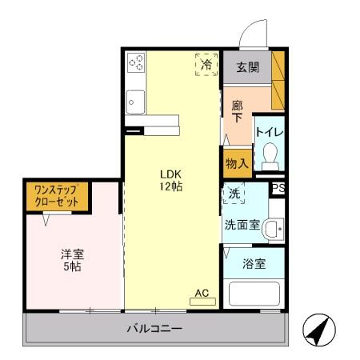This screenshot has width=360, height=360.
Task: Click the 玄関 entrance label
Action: click(247, 67)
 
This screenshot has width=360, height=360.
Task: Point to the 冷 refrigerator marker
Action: click(206, 65)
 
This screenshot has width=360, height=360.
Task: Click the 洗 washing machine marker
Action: click(233, 194)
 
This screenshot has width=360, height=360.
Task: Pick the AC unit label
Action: click(202, 294)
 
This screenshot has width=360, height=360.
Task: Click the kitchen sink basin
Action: click(134, 102)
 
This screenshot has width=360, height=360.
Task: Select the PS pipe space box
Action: click(278, 189)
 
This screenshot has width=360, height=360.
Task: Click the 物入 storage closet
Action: click(237, 162)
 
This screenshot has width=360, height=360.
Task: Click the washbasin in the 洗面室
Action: click(274, 229)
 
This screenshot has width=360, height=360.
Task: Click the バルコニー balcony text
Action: click(154, 329)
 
